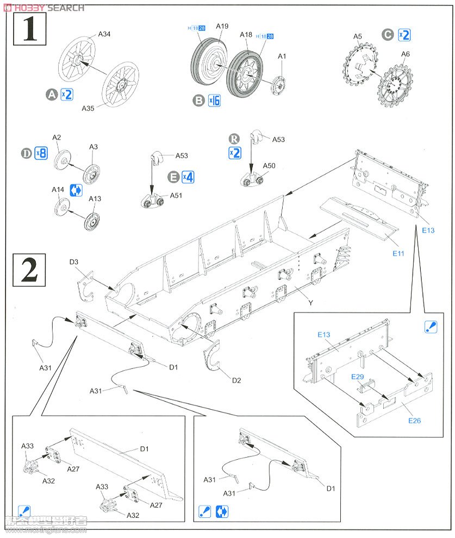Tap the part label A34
(x=104, y=34)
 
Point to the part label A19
(x=222, y=26)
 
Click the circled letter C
(x=388, y=35)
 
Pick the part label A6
(x=406, y=54)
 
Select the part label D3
(x=74, y=262)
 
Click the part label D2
(x=236, y=380)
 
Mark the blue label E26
(x=414, y=420)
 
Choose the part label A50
(x=269, y=166)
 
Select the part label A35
(x=89, y=108)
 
